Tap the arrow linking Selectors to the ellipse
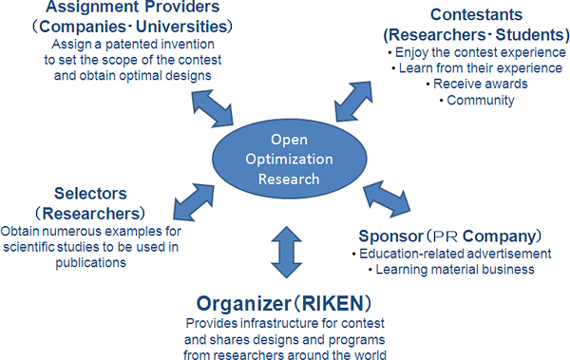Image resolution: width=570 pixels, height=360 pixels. point(195,201)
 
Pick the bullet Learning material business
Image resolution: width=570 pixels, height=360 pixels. point(445,270)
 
